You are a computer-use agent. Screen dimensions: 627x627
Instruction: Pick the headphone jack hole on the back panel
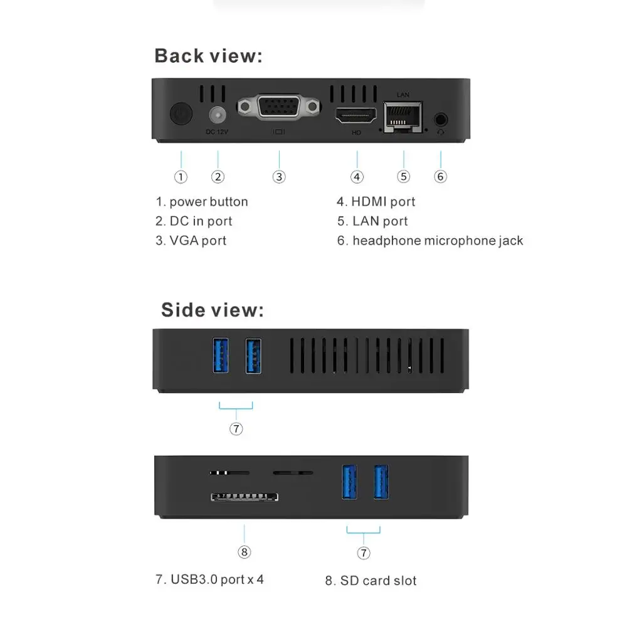click(441, 118)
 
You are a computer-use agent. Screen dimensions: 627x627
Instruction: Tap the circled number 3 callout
click(279, 176)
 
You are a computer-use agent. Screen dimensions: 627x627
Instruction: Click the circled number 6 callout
click(441, 176)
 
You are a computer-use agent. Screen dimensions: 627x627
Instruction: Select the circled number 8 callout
click(245, 552)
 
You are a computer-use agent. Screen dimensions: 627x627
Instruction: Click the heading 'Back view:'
click(209, 56)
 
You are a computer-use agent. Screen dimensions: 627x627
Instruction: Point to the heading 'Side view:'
click(213, 310)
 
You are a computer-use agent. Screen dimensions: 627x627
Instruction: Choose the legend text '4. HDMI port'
click(376, 201)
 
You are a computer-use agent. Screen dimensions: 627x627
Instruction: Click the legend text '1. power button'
click(202, 201)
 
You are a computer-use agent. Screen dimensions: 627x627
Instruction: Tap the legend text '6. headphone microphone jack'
click(430, 240)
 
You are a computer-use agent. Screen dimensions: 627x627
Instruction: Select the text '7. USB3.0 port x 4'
click(209, 579)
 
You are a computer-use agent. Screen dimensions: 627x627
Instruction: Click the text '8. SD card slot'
click(371, 581)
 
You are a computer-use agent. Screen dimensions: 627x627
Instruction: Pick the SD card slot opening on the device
click(245, 498)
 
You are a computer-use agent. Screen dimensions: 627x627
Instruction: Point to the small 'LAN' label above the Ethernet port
click(403, 94)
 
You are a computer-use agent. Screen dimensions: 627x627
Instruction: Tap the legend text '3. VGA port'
click(191, 240)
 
